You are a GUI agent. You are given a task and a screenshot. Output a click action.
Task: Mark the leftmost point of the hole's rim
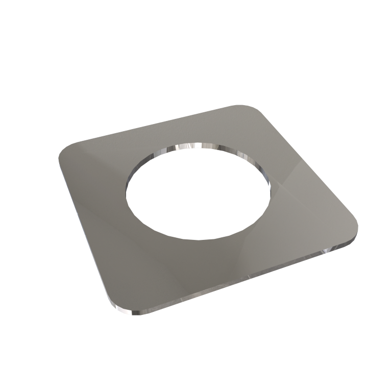pos(127,191)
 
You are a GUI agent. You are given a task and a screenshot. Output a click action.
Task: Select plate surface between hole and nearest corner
pos(153,265)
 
